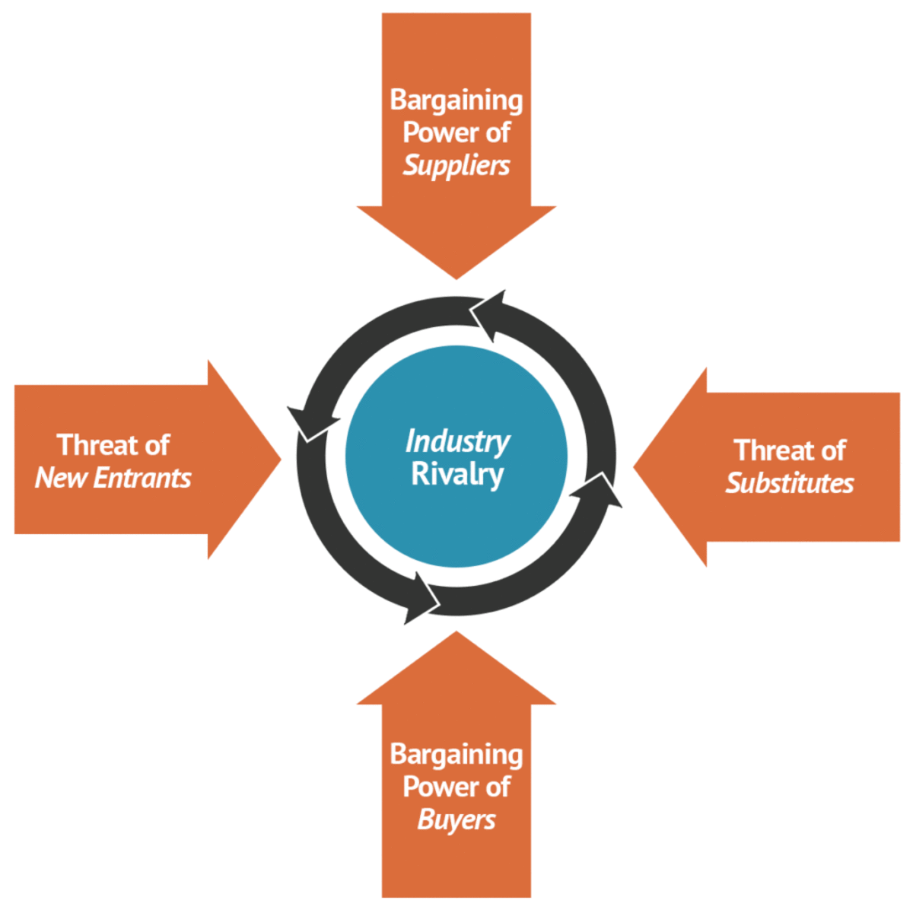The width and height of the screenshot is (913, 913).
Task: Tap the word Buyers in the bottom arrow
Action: (x=456, y=820)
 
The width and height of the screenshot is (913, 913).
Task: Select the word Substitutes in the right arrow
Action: (x=790, y=483)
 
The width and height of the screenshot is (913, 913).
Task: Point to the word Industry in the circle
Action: (x=457, y=441)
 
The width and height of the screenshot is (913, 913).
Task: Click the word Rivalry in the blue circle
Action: (x=457, y=474)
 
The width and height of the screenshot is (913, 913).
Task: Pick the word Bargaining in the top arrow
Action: (x=456, y=100)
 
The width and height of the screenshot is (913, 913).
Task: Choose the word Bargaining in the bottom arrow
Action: (x=456, y=754)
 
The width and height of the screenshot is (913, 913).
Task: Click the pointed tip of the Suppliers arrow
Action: (x=456, y=275)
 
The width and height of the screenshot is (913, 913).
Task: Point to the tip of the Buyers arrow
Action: (x=456, y=635)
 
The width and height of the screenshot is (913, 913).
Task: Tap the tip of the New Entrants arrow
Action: (x=278, y=458)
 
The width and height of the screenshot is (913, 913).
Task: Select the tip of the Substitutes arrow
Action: (x=636, y=466)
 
